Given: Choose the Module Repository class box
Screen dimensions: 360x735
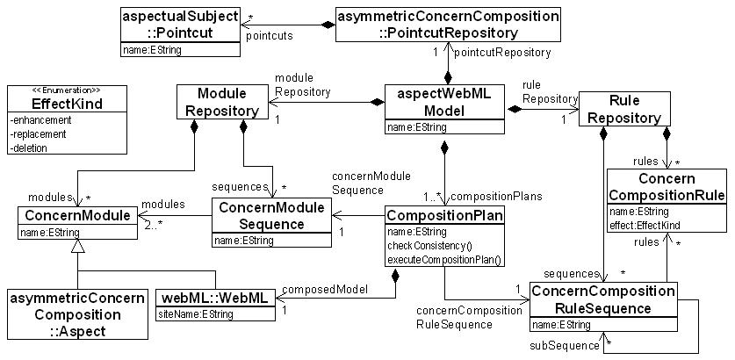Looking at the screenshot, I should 220,102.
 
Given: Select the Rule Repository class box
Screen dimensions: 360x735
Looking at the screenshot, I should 623,109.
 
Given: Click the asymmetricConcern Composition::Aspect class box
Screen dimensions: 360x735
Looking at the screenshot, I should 76,313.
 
